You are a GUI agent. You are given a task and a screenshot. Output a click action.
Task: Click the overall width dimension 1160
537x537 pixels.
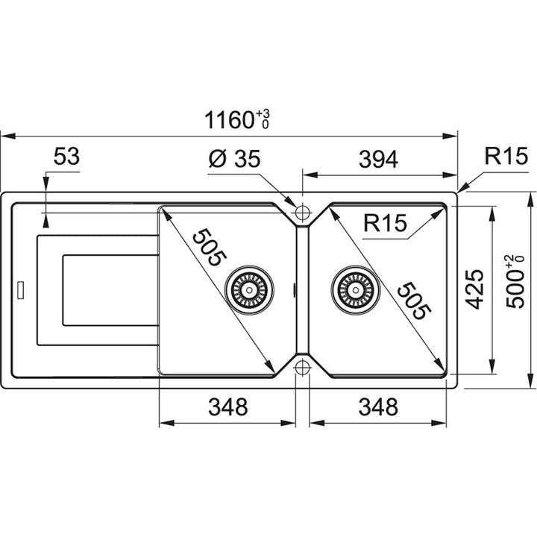coord(230,120)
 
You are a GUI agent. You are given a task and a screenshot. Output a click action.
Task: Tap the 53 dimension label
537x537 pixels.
coord(66,157)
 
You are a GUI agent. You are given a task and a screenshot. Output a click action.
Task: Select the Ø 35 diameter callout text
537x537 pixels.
coord(235,159)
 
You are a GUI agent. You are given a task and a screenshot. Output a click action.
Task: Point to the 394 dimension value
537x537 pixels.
coord(378,159)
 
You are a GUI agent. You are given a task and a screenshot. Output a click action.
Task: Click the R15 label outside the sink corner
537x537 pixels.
coord(506,156)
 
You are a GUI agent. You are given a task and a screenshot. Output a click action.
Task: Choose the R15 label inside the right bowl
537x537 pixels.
coord(386,222)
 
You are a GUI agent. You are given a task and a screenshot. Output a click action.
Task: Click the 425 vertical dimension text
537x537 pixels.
coord(474,289)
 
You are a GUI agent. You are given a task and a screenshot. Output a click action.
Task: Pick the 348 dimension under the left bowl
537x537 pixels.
coord(228,407)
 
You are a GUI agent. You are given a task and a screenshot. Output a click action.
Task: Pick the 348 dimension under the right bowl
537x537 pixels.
coord(378,407)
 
